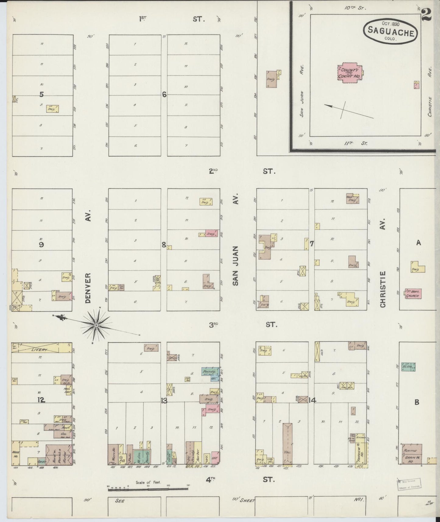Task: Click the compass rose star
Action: pyautogui.click(x=96, y=326)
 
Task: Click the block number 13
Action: pyautogui.click(x=164, y=401)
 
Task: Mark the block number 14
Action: pyautogui.click(x=312, y=401)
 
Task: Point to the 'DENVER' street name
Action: pyautogui.click(x=88, y=288)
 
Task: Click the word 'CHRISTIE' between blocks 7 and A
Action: pyautogui.click(x=383, y=289)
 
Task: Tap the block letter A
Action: pyautogui.click(x=418, y=243)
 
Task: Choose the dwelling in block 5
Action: pyautogui.click(x=52, y=109)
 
